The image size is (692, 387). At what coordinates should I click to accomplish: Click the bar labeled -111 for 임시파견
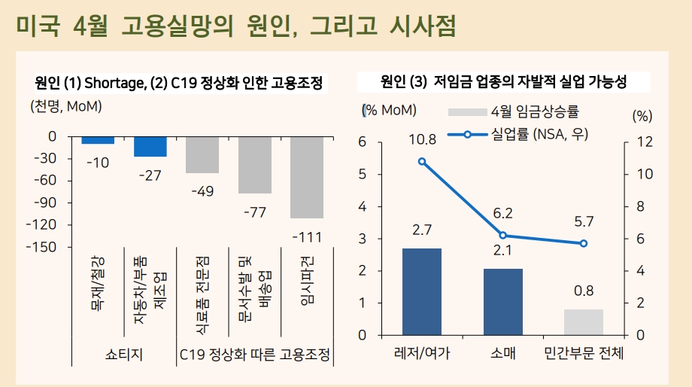[307, 177]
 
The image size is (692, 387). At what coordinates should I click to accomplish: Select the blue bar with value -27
[150, 146]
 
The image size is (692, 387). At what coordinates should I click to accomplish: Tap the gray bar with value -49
[202, 154]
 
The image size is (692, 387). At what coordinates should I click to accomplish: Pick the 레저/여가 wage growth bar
[421, 291]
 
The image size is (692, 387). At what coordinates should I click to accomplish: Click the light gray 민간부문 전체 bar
[584, 321]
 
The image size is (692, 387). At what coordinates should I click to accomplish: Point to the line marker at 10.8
[422, 161]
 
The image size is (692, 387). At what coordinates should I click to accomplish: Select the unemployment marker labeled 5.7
[584, 243]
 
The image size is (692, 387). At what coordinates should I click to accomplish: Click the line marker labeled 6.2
[502, 235]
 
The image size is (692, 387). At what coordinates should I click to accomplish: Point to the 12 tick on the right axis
[645, 142]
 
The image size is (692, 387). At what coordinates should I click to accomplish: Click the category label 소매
[502, 353]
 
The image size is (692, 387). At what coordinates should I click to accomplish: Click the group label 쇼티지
[124, 353]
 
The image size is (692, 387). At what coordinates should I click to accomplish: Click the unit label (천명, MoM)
[66, 106]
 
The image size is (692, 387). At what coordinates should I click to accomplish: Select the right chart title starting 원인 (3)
[503, 81]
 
